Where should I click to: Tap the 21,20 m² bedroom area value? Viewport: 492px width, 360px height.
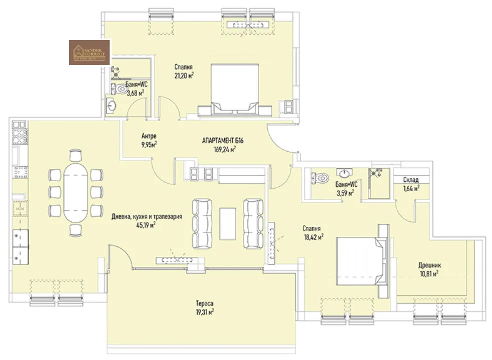click(x=184, y=75)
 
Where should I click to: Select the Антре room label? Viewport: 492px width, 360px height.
click(x=149, y=136)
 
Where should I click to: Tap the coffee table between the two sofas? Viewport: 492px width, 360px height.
click(x=227, y=223)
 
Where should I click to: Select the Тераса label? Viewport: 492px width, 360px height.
click(x=205, y=303)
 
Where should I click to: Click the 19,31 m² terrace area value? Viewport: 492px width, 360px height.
click(x=205, y=311)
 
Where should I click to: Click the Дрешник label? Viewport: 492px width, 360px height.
click(x=430, y=265)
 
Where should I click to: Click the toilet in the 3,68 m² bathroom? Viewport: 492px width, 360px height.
click(x=120, y=89)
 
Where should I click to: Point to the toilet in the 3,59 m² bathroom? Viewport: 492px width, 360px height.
click(x=320, y=177)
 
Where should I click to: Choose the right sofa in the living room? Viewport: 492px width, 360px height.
click(x=253, y=223)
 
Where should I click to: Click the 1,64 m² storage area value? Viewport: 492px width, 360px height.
click(x=411, y=188)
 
